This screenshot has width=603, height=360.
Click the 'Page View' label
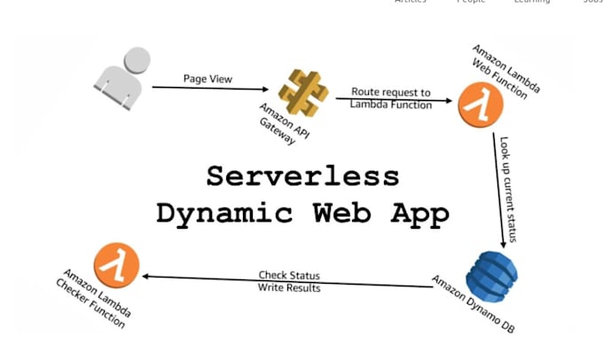point(208,78)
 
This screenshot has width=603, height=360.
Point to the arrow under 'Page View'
point(209,88)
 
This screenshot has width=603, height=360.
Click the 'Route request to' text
point(391,91)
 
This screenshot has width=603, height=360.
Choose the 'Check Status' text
point(289,276)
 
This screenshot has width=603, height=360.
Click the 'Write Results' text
point(289,288)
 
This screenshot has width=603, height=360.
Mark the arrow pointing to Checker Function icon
point(284,281)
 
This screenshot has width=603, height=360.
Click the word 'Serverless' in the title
point(302,176)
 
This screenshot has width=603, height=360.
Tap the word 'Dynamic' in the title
point(216,213)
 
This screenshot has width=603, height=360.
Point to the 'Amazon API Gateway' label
point(274,126)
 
